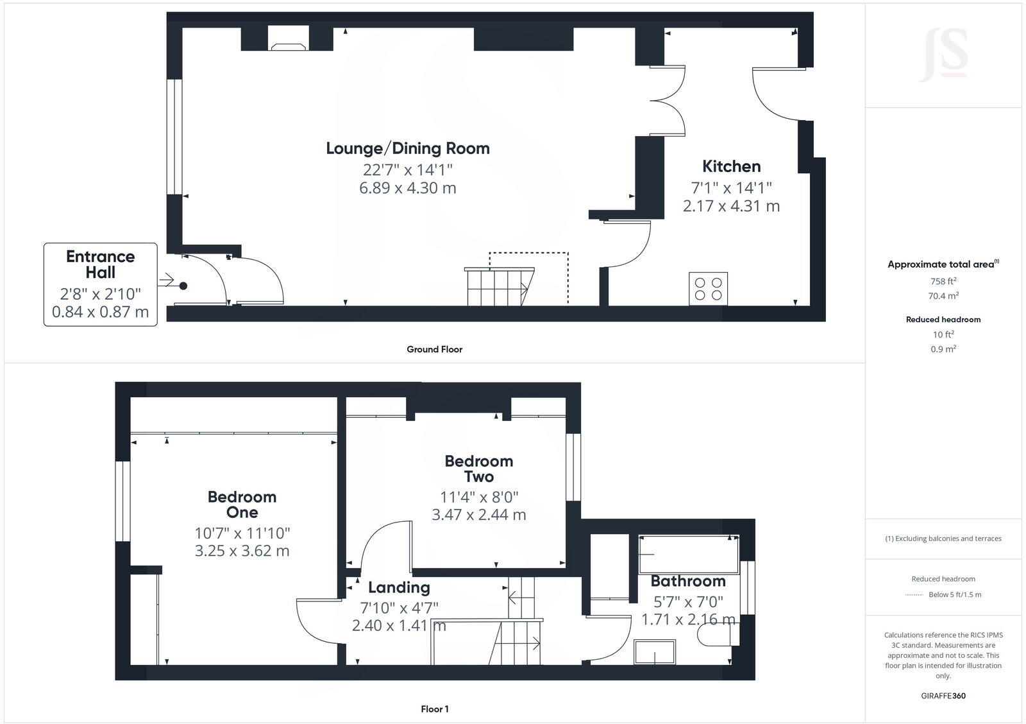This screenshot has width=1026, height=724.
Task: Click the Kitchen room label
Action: click(731, 166)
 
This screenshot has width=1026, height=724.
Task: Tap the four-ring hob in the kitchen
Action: click(708, 289)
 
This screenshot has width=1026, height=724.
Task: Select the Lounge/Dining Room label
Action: click(408, 148)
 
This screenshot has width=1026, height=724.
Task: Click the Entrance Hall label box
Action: click(101, 284)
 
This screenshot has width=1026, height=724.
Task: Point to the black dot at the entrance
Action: click(183, 286)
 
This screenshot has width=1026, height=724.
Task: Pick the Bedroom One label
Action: click(242, 504)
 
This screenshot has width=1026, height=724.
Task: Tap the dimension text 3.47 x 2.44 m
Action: click(478, 515)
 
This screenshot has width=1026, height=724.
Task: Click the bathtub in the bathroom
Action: click(689, 554)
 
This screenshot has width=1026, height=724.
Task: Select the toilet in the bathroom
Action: click(717, 635)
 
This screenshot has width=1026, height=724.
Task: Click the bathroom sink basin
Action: click(654, 652)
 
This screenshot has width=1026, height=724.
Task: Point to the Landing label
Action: click(399, 587)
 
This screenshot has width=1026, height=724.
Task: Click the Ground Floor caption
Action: click(434, 349)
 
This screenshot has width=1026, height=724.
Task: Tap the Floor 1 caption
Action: click(434, 709)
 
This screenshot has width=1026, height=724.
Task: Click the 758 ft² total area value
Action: click(943, 281)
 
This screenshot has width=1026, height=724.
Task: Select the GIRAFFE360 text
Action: click(943, 696)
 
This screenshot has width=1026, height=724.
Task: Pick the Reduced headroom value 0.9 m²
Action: click(943, 349)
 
